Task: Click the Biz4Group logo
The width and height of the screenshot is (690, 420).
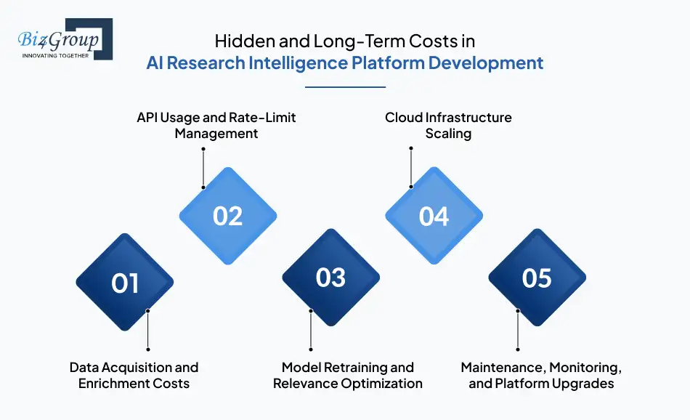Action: point(65,39)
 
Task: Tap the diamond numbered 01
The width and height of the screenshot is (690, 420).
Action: point(125,282)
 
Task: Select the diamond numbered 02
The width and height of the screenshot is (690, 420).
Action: point(228,216)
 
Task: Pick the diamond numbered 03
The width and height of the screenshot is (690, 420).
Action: point(331,277)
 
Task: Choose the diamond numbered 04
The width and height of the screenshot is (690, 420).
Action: point(434,216)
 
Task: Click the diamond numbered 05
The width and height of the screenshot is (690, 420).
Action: point(537,278)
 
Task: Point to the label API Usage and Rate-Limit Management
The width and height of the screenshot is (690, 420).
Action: point(216,125)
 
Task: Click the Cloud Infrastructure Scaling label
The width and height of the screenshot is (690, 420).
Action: point(448,125)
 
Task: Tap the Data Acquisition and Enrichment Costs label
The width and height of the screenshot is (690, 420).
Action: point(134,375)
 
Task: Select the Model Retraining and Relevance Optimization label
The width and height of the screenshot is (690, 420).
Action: point(348,375)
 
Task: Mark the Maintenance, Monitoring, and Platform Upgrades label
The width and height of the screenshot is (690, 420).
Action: point(541,375)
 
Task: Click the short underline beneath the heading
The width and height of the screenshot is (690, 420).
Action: point(345,86)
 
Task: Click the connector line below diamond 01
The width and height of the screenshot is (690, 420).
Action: point(148,331)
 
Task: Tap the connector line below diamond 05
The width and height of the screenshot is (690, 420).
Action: point(518,331)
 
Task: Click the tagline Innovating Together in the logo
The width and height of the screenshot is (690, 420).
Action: point(56,55)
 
